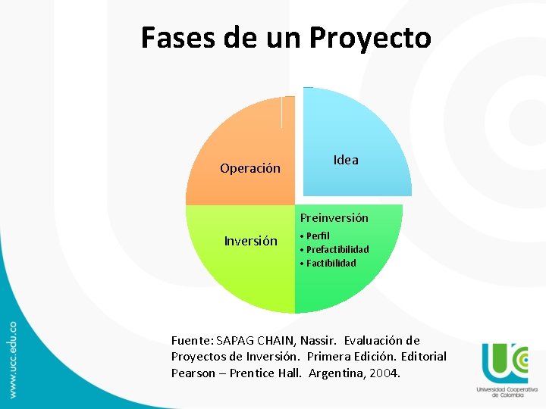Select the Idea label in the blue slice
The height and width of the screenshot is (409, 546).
coord(346,160)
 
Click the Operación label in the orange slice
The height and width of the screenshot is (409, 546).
coord(250,168)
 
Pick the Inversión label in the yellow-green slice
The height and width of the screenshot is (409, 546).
coord(250,241)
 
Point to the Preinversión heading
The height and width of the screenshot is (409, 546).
coord(334,217)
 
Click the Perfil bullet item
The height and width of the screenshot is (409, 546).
coord(318,236)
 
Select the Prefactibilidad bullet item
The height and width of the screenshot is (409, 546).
coord(337,249)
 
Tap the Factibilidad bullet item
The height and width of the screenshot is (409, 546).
coord(331,263)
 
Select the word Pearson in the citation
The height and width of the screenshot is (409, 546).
coord(193,373)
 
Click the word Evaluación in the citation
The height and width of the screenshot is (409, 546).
coord(375,341)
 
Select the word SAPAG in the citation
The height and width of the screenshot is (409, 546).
coord(237,341)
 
